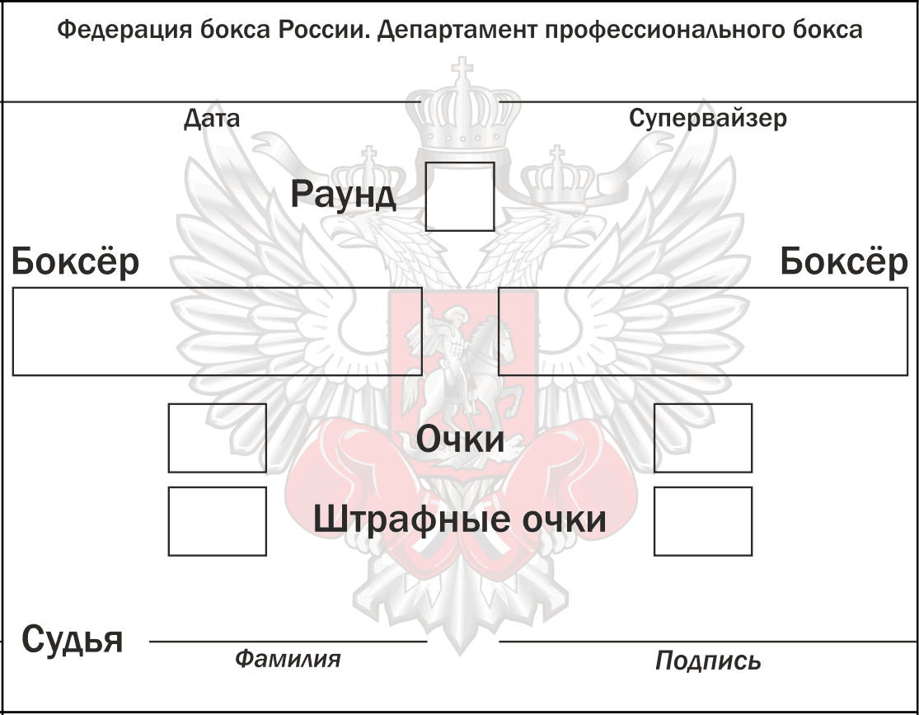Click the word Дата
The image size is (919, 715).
(x=212, y=119)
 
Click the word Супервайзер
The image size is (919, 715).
(x=707, y=118)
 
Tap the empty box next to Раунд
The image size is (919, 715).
(x=459, y=196)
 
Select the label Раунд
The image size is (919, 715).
(x=343, y=195)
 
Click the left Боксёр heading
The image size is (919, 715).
(x=75, y=262)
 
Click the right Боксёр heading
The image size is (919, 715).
(x=843, y=262)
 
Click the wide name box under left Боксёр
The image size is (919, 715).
(x=217, y=331)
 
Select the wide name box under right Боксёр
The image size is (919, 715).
(x=702, y=331)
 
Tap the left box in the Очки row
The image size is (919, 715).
(x=217, y=438)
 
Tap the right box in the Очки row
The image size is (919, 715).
(x=702, y=438)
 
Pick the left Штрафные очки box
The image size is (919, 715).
(x=217, y=521)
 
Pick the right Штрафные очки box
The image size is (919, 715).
(x=702, y=521)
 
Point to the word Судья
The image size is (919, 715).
(x=73, y=639)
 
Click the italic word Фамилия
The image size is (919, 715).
(x=287, y=659)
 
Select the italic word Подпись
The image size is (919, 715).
(x=708, y=661)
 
